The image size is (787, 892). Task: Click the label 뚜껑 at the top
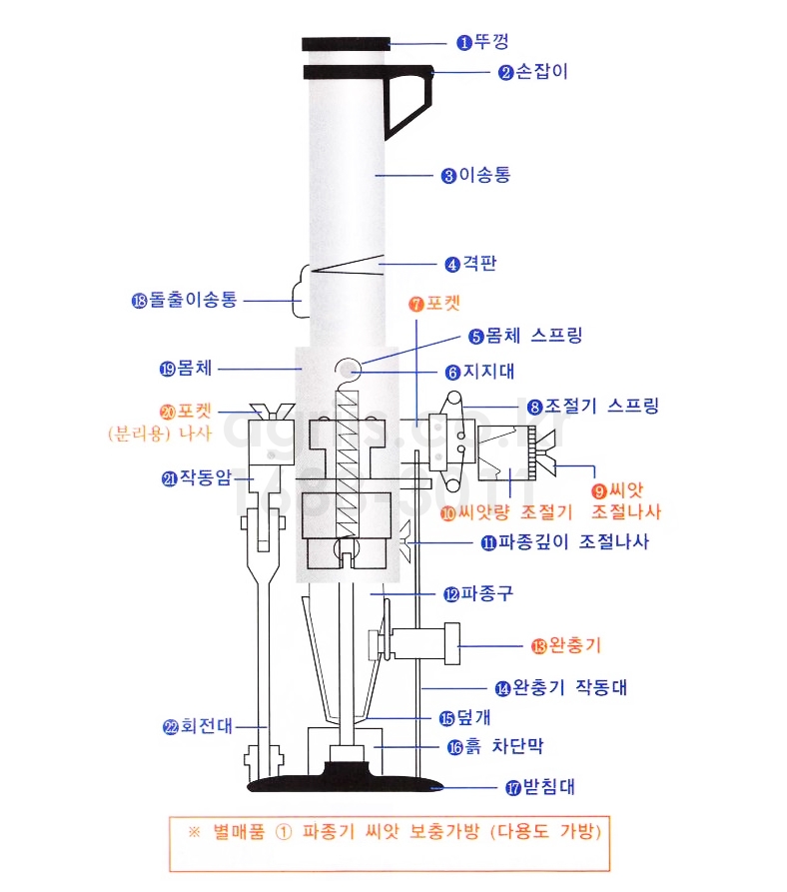tap(491, 42)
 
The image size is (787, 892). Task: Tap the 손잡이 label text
tap(542, 72)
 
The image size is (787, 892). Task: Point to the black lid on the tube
tap(346, 44)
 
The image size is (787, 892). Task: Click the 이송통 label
tap(485, 175)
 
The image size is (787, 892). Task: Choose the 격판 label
tap(480, 264)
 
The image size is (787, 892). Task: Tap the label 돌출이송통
tap(193, 300)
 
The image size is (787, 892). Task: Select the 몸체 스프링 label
tap(534, 335)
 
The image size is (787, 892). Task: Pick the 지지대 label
tap(489, 372)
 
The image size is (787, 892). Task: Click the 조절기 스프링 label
tap(602, 406)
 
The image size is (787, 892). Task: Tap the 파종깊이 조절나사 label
tap(573, 541)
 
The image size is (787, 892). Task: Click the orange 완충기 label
tap(575, 645)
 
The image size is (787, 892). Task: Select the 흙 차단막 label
tap(503, 746)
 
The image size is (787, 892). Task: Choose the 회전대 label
tap(207, 726)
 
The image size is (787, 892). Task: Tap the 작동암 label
tap(206, 477)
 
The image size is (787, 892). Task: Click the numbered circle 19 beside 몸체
tap(167, 370)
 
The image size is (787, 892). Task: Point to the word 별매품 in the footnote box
tap(239, 832)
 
